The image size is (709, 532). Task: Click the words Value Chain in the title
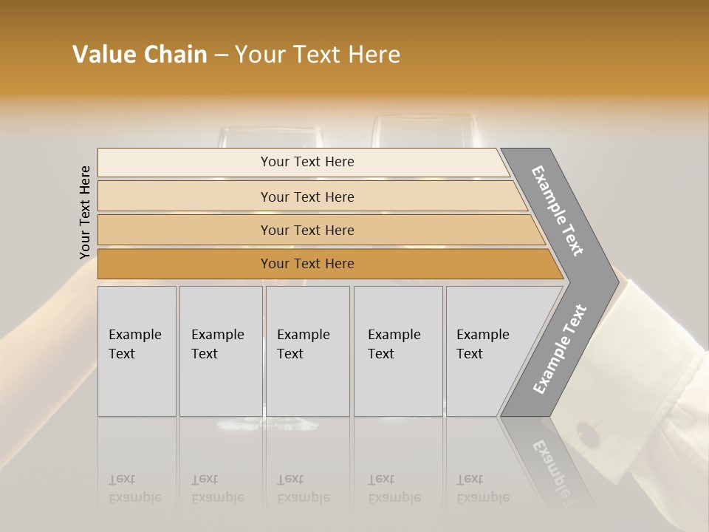[x=140, y=55]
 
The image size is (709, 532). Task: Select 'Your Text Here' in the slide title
[x=318, y=55]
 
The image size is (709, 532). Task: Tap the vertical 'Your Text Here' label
[x=85, y=212]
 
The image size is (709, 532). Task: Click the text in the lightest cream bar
[x=307, y=162]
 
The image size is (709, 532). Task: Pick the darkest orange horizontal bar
[x=325, y=264]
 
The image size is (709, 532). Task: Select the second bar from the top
[x=310, y=197]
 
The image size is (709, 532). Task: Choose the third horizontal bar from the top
[x=318, y=230]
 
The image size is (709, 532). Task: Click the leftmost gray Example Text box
[x=137, y=351]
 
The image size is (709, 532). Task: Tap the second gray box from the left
[x=221, y=351]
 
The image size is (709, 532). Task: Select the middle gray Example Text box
[x=307, y=351]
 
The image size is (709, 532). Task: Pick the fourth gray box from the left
[x=398, y=351]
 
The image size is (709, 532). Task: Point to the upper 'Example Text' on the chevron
[x=558, y=211]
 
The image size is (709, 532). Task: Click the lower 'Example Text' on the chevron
[x=560, y=349]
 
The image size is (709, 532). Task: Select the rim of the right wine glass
[x=423, y=117]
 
